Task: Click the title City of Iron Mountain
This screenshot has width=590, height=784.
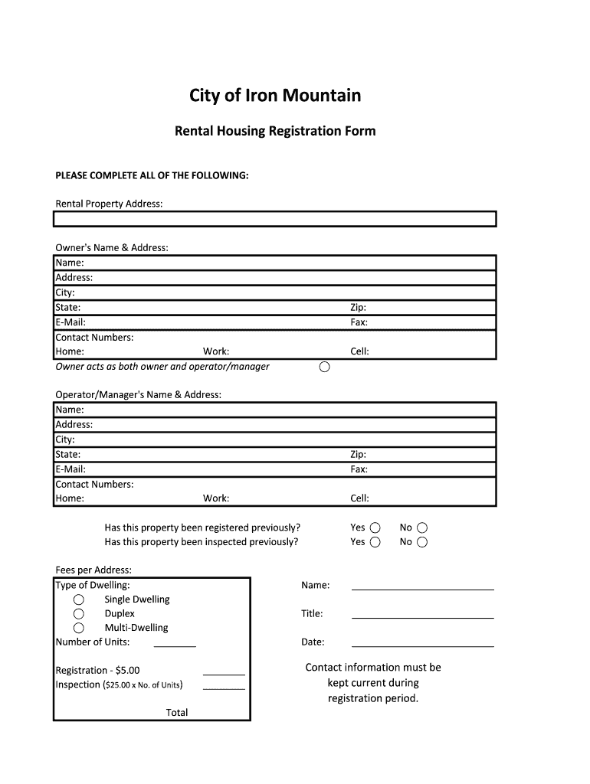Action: [x=275, y=96]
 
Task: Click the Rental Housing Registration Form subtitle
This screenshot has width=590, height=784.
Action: [x=275, y=131]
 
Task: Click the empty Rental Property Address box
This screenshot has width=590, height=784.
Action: [x=275, y=219]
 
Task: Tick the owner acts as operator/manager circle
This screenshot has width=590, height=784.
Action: [x=324, y=367]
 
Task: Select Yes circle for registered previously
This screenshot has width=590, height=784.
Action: [x=375, y=528]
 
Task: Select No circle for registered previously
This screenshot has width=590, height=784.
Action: [x=422, y=528]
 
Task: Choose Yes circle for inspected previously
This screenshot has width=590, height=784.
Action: [x=375, y=542]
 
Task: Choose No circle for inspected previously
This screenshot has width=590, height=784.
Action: [x=422, y=542]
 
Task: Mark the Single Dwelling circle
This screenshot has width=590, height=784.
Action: [x=78, y=599]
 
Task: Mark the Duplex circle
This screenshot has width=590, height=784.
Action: [x=78, y=614]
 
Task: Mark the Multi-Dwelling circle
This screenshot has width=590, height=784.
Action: [x=78, y=628]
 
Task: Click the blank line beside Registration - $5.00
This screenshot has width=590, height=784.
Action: [x=224, y=673]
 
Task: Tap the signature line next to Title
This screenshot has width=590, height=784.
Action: [x=422, y=616]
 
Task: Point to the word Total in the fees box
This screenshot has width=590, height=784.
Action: [x=177, y=713]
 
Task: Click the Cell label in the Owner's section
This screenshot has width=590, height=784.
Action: [x=359, y=352]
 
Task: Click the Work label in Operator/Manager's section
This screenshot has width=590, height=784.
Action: [x=216, y=498]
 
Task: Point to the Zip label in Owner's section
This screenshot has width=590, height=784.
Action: [x=358, y=308]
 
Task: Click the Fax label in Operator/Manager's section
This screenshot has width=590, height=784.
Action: [x=359, y=469]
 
